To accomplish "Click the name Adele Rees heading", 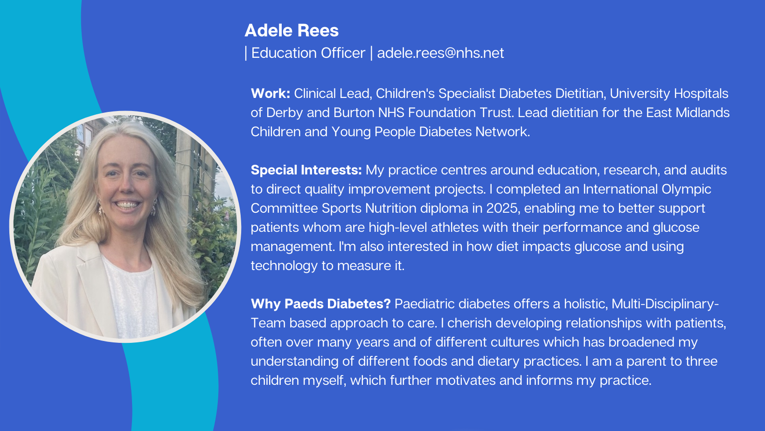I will [x=292, y=31].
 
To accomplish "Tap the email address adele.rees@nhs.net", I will [x=440, y=53].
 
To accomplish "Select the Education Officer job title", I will [x=308, y=53].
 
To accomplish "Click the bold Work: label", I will [x=271, y=94].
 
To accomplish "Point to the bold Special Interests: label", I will [x=306, y=170].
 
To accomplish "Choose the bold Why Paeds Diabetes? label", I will [x=320, y=304].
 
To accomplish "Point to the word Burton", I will [x=354, y=113].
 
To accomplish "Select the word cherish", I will [x=469, y=323].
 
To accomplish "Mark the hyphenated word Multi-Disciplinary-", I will [x=665, y=304].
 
